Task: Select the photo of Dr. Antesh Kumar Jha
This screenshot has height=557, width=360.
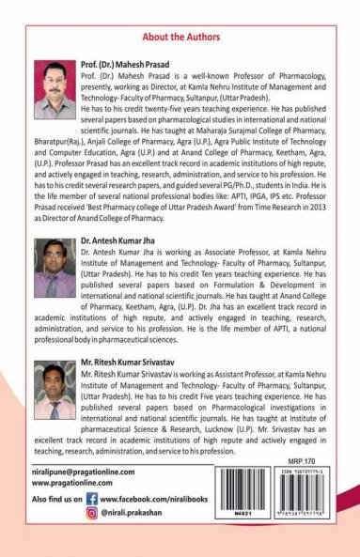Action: click(55, 268)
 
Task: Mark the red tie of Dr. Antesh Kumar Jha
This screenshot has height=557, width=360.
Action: click(54, 285)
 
